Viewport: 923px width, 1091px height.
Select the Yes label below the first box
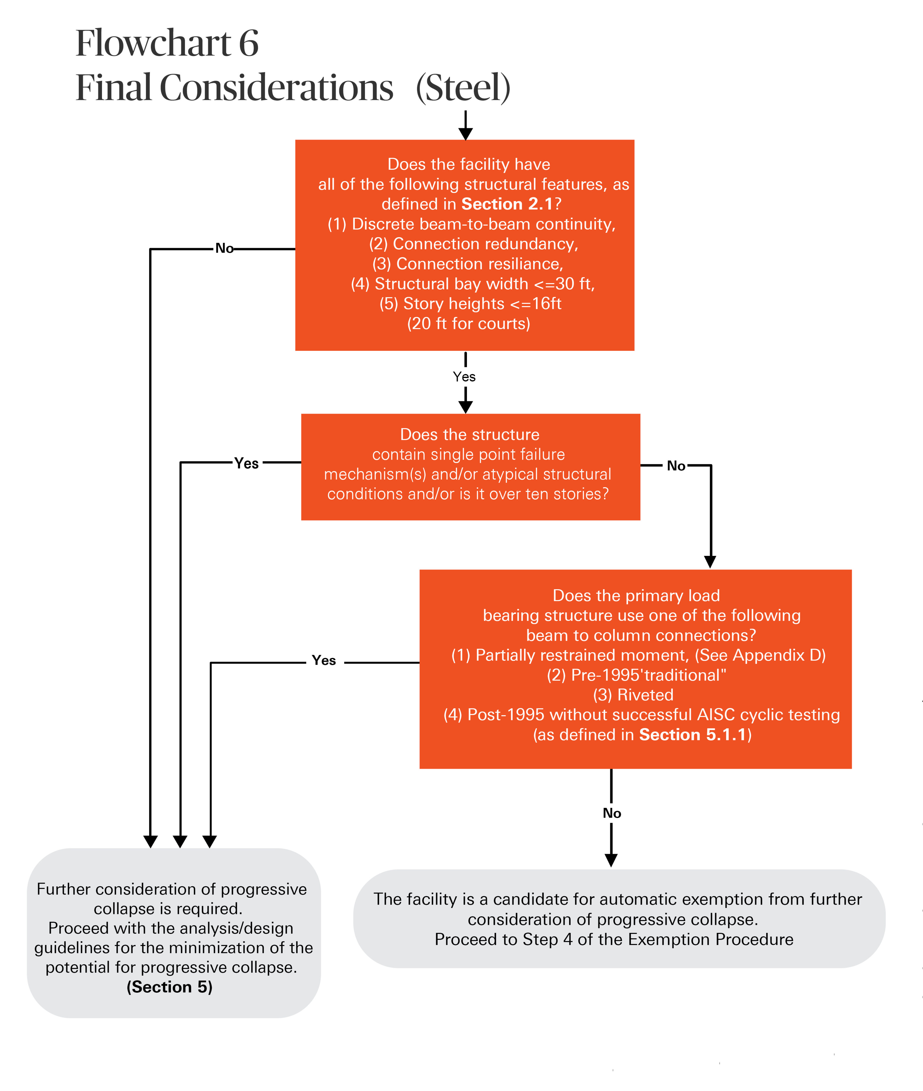click(x=464, y=377)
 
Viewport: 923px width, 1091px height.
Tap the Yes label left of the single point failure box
click(x=246, y=463)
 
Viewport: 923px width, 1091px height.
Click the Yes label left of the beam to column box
click(x=324, y=661)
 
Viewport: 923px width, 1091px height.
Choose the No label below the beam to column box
click(x=612, y=813)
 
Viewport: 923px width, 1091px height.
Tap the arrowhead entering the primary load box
click(x=710, y=562)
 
